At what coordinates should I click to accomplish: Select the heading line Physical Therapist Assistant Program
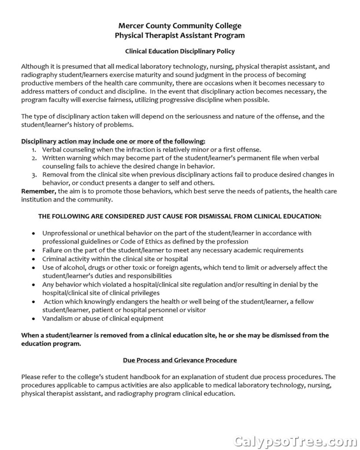[x=180, y=36]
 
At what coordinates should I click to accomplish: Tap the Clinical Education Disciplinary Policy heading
[x=180, y=51]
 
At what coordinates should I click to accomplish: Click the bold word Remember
[x=38, y=191]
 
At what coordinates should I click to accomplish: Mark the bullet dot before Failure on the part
[x=34, y=250]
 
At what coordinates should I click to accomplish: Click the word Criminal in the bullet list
[x=54, y=259]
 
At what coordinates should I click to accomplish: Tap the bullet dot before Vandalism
[x=34, y=319]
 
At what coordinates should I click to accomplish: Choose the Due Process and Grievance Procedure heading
[x=180, y=360]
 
